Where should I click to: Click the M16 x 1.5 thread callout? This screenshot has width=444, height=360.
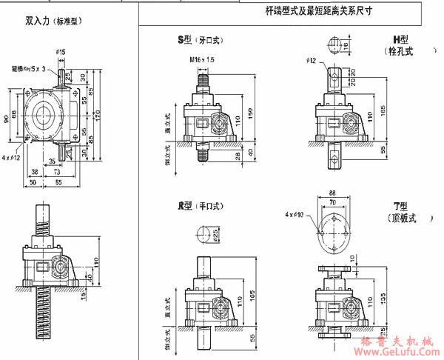pyautogui.click(x=201, y=59)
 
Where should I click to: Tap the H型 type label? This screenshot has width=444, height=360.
pyautogui.click(x=400, y=39)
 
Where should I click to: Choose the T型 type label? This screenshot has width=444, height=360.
pyautogui.click(x=400, y=204)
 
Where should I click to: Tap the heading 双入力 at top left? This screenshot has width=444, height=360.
pyautogui.click(x=36, y=21)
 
